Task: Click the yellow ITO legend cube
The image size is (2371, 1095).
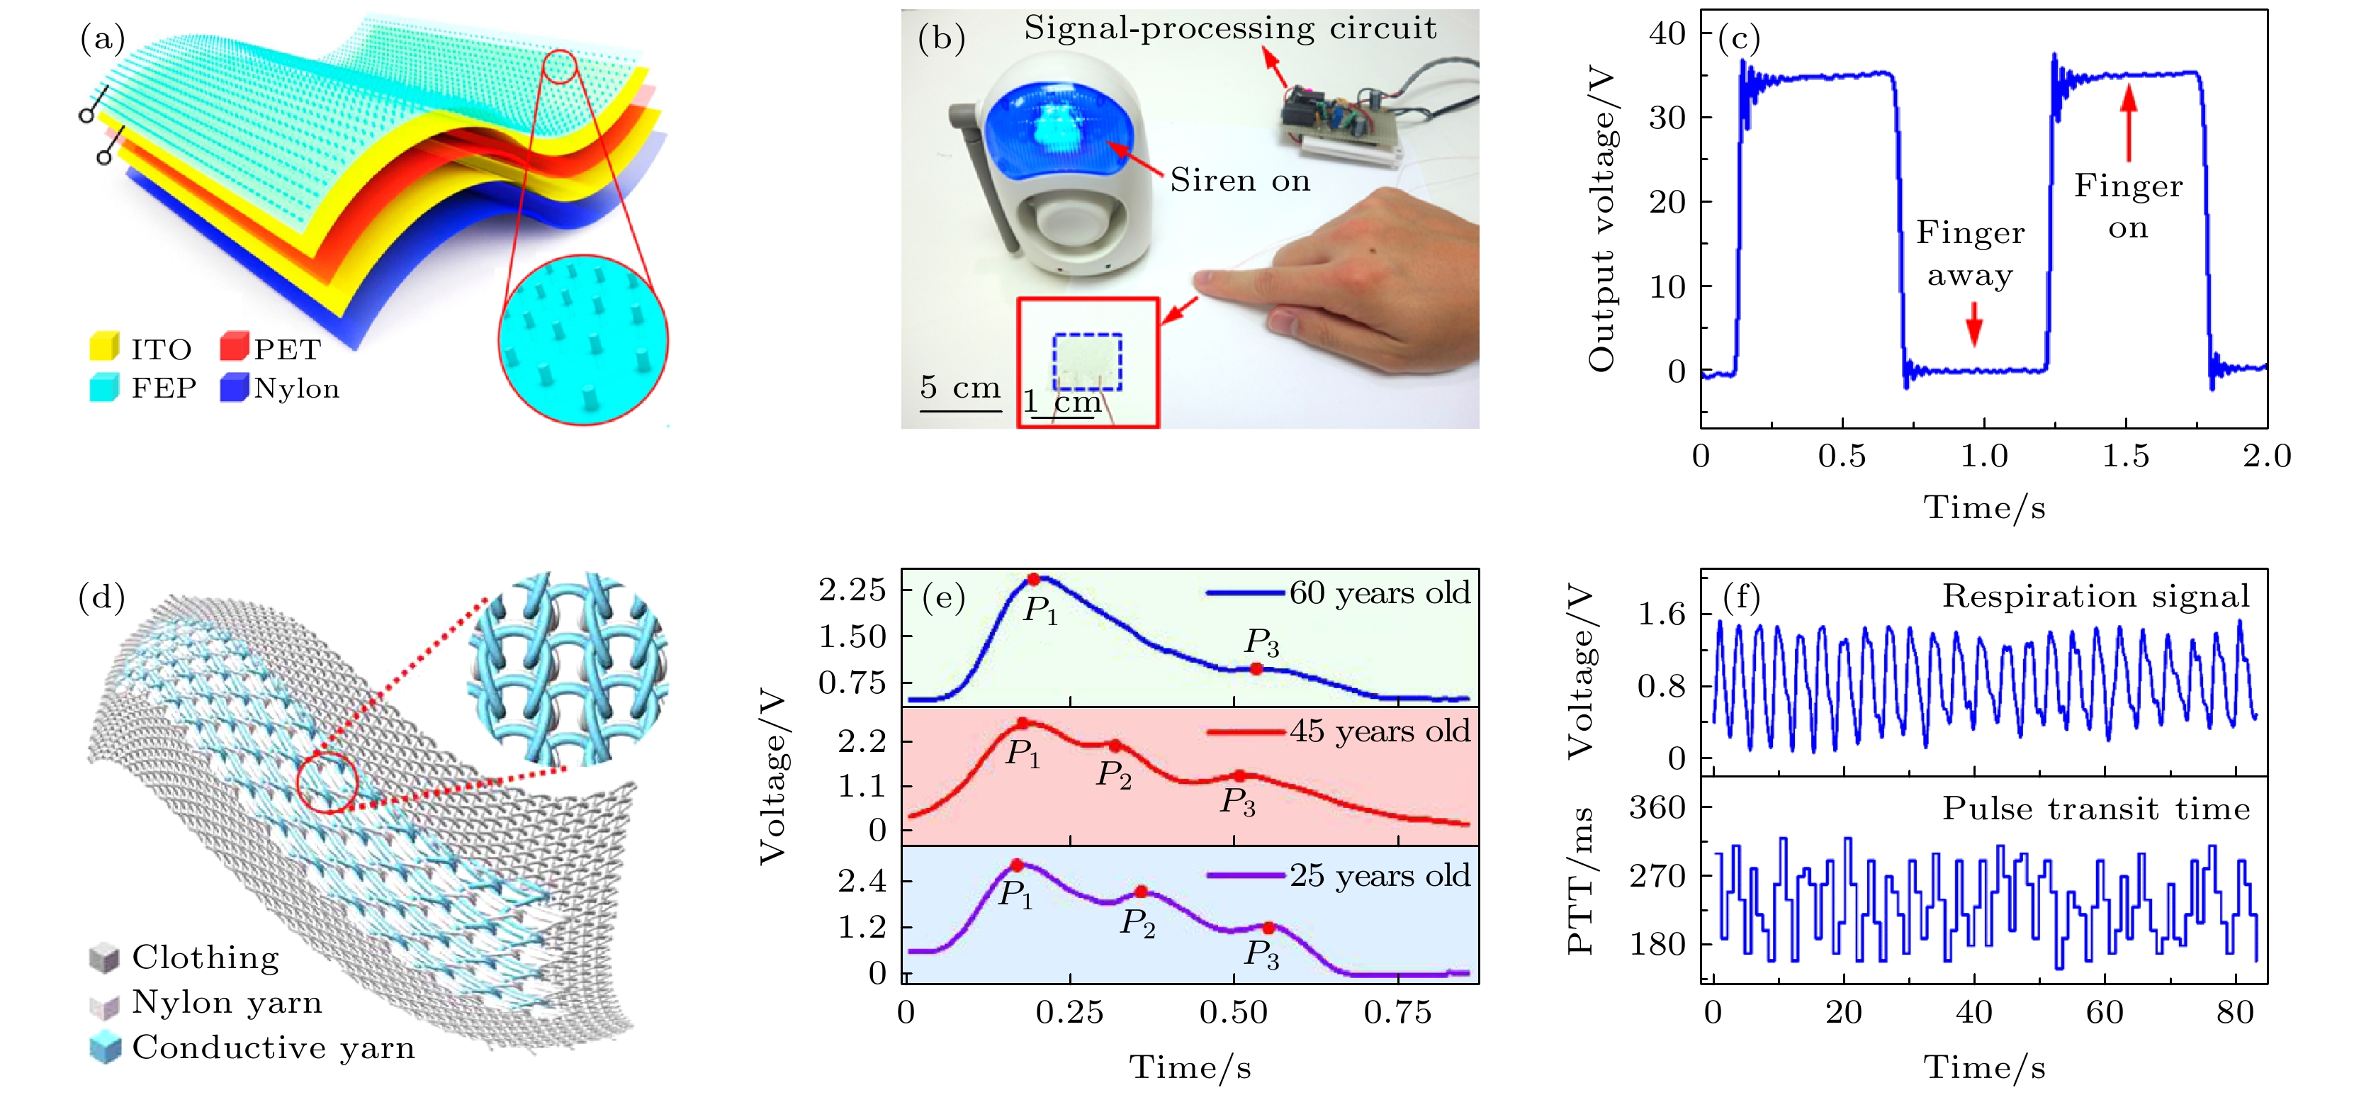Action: point(104,347)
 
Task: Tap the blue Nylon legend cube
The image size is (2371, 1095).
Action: point(234,387)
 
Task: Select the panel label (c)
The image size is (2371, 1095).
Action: point(1739,39)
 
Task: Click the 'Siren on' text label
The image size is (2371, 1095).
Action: point(1239,181)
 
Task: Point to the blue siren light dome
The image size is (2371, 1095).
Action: point(1059,130)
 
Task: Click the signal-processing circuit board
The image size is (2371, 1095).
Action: point(1339,118)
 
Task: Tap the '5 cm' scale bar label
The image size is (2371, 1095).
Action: point(960,387)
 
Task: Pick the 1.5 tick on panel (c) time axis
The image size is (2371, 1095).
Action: point(2125,455)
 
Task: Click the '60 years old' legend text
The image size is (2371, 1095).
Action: point(1379,593)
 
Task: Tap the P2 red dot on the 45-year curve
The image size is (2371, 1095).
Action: point(1115,745)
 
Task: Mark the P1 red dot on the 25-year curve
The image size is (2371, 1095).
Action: point(1016,865)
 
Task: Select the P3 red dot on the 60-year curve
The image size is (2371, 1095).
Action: point(1256,668)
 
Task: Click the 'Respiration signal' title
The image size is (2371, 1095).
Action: point(2095,596)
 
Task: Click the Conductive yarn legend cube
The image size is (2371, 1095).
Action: point(105,1047)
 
